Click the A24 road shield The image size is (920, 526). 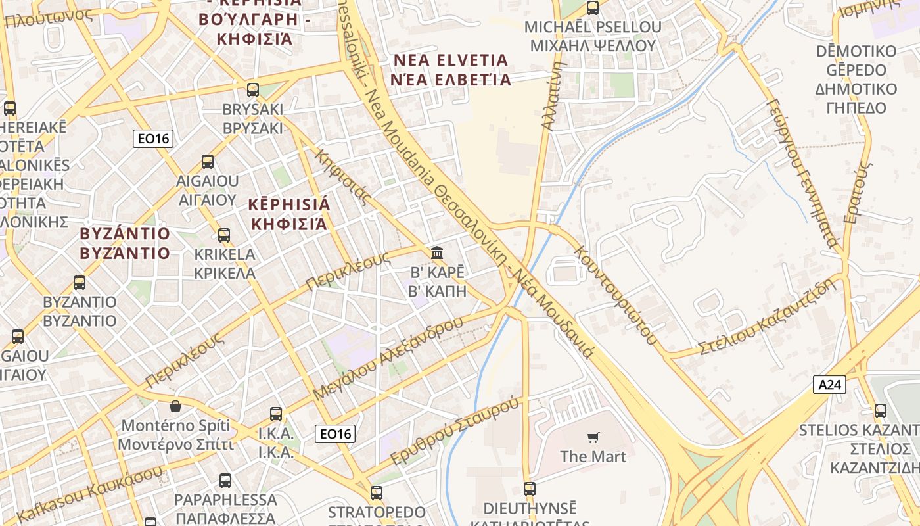click(829, 385)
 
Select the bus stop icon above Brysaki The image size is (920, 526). click(253, 90)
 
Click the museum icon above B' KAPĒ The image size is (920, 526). click(437, 252)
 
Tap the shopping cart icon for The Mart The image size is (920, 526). click(593, 437)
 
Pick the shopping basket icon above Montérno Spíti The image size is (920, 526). click(175, 406)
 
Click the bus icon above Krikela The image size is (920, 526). click(224, 235)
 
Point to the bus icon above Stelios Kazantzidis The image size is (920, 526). click(880, 411)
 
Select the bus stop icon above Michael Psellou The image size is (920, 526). click(592, 8)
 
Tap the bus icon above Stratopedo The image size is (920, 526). click(377, 492)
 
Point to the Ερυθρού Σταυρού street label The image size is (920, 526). click(455, 431)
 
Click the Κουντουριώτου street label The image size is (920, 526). click(615, 295)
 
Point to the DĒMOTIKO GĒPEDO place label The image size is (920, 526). click(856, 80)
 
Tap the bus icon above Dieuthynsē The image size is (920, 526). click(530, 489)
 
